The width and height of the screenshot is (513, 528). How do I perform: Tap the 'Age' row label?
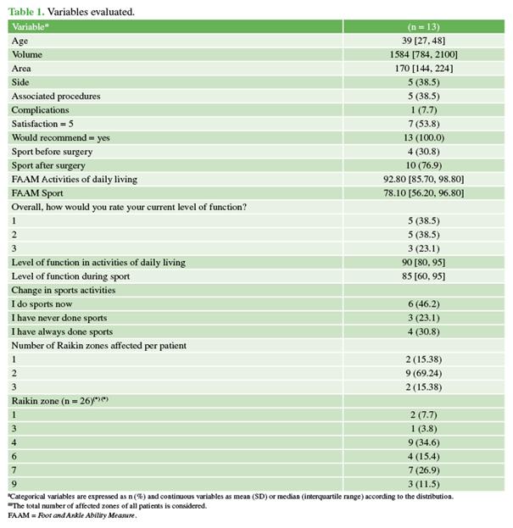(x=19, y=41)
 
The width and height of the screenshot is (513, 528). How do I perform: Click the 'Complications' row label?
(x=41, y=109)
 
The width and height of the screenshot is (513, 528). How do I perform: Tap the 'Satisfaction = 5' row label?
(x=43, y=124)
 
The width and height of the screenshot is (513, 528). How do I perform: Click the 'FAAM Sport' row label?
(x=37, y=193)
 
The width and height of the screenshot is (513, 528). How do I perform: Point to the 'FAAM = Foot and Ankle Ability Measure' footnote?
(x=71, y=514)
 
